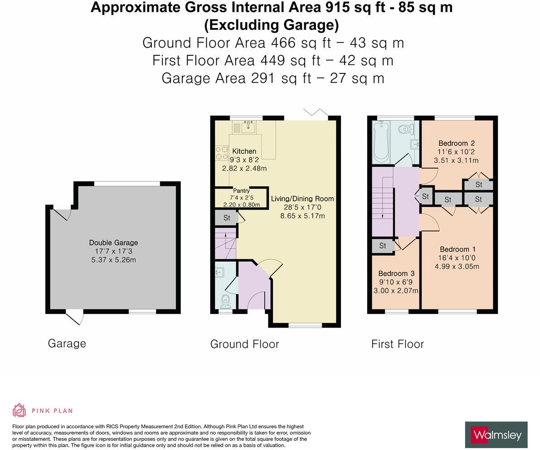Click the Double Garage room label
tap(113, 242)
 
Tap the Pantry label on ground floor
tap(241, 191)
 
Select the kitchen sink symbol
tap(248, 127)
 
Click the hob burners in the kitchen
tap(222, 153)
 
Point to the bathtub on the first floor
tap(381, 141)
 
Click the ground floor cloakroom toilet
tap(225, 300)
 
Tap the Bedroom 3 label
tap(396, 273)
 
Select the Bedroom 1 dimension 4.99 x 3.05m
tap(457, 266)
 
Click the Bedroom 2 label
tap(456, 143)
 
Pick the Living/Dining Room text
tap(302, 198)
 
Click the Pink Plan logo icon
tap(19, 410)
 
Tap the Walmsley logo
tap(496, 435)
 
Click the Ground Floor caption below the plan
tap(244, 344)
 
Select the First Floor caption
tap(397, 344)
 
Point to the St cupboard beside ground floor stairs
tap(226, 218)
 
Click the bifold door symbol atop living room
tap(316, 113)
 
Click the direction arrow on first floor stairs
tap(383, 216)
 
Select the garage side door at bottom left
tap(75, 317)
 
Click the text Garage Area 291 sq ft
tap(236, 78)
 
